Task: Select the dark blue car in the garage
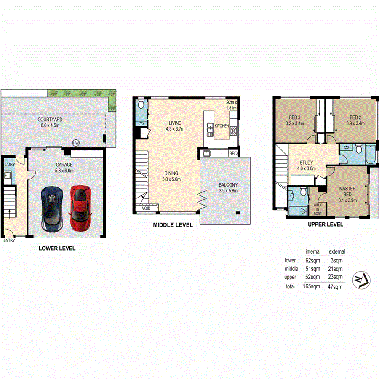point(52,208)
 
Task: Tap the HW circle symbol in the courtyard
point(76,143)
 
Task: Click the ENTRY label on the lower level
point(9,241)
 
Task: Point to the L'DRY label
point(9,165)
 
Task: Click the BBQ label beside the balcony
point(233,154)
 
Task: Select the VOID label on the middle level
point(146,208)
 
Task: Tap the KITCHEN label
point(222,126)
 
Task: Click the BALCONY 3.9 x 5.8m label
point(228,187)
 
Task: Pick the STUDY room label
point(306,165)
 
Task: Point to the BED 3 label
point(295,120)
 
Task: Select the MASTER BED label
point(347,192)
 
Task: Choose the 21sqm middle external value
point(335,269)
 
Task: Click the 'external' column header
point(337,251)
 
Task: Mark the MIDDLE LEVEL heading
point(173,225)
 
